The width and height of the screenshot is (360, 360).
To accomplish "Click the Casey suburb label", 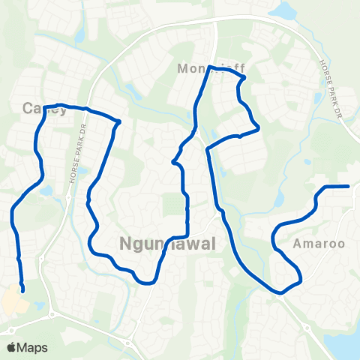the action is [45, 109].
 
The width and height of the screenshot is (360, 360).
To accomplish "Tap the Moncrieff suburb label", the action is [211, 69].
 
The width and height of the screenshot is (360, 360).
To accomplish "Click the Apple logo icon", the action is [12, 347].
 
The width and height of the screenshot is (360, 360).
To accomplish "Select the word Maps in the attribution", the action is [34, 347].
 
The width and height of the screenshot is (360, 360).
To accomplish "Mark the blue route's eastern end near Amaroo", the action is [349, 185].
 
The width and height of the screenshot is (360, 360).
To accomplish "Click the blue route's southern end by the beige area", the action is [23, 290].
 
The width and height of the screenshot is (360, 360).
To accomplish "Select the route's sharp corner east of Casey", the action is [119, 121].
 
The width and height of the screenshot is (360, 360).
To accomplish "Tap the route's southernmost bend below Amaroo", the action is [282, 292].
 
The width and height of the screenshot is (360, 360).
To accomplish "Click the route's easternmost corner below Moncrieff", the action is [259, 127].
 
